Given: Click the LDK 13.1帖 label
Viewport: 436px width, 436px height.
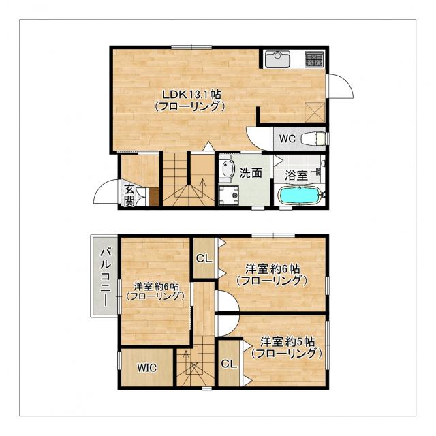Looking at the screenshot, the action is [x=191, y=95].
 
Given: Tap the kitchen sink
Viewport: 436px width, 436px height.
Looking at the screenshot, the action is [x=277, y=59].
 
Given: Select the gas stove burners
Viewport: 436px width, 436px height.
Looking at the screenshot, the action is [x=314, y=59].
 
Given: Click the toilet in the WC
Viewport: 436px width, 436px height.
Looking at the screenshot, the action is [x=313, y=138].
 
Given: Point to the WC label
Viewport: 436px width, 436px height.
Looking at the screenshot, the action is [x=287, y=138].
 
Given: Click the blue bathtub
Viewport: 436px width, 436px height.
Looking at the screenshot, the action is [x=300, y=196].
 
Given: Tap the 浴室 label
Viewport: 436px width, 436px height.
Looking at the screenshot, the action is [x=296, y=176].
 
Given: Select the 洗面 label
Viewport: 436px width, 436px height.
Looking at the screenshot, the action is [x=251, y=172].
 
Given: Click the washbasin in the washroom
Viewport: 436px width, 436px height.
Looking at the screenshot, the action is [x=227, y=168].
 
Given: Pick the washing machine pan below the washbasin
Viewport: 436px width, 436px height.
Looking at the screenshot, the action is [x=229, y=196].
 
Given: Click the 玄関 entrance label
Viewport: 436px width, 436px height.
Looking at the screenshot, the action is [x=129, y=195].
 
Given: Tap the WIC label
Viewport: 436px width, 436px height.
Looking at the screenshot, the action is [x=147, y=368].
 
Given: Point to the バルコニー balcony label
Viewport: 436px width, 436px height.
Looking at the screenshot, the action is [x=106, y=277].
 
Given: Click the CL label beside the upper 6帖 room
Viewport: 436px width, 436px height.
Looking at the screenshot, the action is [x=204, y=259].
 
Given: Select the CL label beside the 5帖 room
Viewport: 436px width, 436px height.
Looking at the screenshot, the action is [x=229, y=364].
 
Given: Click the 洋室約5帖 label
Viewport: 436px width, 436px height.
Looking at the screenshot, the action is [x=287, y=341].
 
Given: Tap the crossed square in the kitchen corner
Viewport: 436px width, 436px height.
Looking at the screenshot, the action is [x=315, y=112].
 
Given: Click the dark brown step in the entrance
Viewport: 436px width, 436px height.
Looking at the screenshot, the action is [x=154, y=197].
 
